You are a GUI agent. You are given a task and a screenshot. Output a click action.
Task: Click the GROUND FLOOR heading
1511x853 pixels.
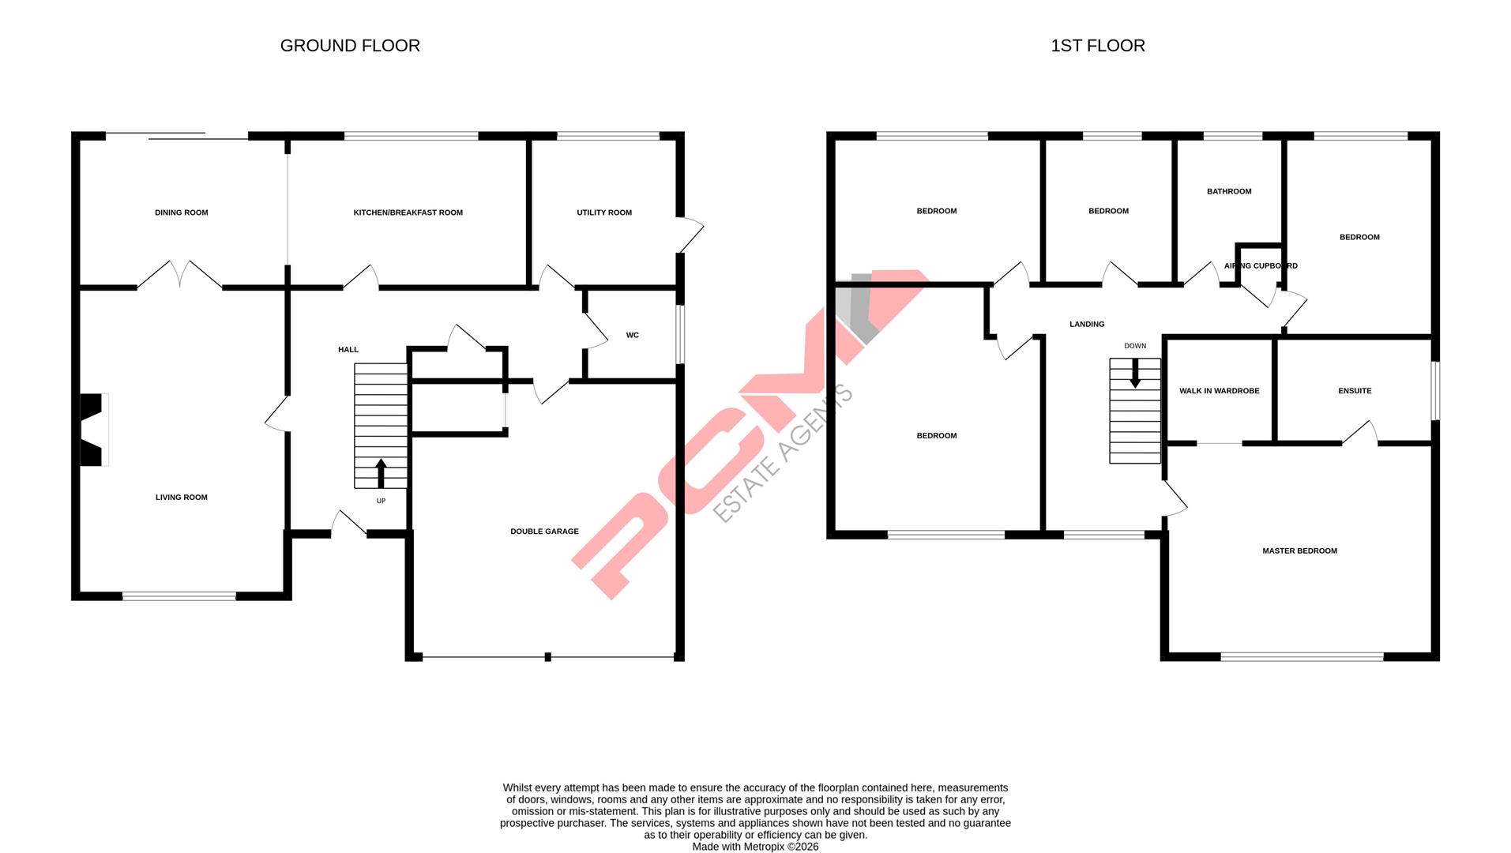pyautogui.click(x=350, y=46)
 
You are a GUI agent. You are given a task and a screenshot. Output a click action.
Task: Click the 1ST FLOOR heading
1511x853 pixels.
pyautogui.click(x=1097, y=46)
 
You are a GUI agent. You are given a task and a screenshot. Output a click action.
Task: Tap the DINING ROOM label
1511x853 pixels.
pyautogui.click(x=181, y=212)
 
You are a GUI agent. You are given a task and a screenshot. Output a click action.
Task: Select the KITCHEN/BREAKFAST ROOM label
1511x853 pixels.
pyautogui.click(x=408, y=212)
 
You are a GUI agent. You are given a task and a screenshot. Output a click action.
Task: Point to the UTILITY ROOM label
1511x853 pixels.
pyautogui.click(x=603, y=212)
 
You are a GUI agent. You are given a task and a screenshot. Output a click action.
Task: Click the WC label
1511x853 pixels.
pyautogui.click(x=632, y=335)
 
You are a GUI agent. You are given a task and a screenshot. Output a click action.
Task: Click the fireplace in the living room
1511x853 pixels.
pyautogui.click(x=92, y=430)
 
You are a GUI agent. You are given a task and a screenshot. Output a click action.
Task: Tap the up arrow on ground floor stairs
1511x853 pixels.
pyautogui.click(x=381, y=472)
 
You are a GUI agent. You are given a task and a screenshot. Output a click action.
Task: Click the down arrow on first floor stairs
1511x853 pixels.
pyautogui.click(x=1135, y=373)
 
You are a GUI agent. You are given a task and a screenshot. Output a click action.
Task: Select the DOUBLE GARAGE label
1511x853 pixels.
pyautogui.click(x=544, y=532)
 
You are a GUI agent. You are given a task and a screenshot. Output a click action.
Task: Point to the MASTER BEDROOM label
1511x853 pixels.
pyautogui.click(x=1299, y=551)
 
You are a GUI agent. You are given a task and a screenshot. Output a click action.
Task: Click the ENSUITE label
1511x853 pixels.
pyautogui.click(x=1355, y=391)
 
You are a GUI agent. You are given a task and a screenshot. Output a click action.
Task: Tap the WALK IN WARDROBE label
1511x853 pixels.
pyautogui.click(x=1219, y=391)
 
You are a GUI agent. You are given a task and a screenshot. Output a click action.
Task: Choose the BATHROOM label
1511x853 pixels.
pyautogui.click(x=1228, y=191)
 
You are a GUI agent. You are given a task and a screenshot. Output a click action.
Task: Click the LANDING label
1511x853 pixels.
pyautogui.click(x=1087, y=324)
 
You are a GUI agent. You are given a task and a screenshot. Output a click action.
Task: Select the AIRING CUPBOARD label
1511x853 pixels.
pyautogui.click(x=1260, y=266)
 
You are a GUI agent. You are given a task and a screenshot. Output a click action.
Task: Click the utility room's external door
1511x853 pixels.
pyautogui.click(x=690, y=235)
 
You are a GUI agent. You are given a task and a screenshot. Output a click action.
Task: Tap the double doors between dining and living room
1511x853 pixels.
pyautogui.click(x=180, y=274)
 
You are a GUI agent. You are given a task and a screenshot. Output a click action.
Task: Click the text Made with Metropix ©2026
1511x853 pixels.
pyautogui.click(x=755, y=847)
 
